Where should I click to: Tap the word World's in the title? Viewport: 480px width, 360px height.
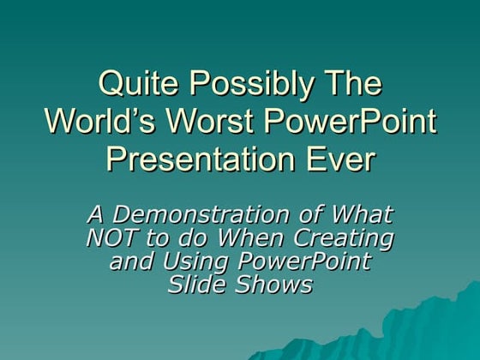pyautogui.click(x=97, y=122)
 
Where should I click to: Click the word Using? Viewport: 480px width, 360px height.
pyautogui.click(x=189, y=261)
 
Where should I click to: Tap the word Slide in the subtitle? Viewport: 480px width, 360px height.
pyautogui.click(x=195, y=285)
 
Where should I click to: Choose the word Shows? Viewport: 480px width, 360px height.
pyautogui.click(x=273, y=285)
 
